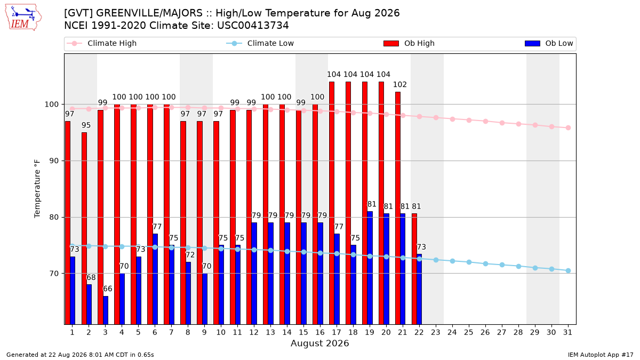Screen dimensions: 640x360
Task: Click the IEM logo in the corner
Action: [x=23, y=18]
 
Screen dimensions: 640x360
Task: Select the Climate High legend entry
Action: [x=101, y=43]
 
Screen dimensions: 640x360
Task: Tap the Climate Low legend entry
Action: [x=260, y=43]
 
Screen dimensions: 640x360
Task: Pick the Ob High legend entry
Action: [x=409, y=43]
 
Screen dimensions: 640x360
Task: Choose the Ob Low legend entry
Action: [x=549, y=43]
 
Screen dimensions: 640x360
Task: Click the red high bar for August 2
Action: [x=84, y=228]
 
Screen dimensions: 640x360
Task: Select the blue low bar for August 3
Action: [x=106, y=310]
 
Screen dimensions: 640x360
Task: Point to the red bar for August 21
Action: [x=398, y=208]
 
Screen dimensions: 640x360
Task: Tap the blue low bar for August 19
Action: [x=370, y=268]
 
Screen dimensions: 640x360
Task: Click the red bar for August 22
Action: [x=414, y=269]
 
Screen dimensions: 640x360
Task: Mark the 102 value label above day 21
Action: [x=400, y=85]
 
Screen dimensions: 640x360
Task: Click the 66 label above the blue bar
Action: [x=107, y=289]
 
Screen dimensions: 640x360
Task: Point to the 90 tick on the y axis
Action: [x=54, y=161]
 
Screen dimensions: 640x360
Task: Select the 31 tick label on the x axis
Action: [x=567, y=333]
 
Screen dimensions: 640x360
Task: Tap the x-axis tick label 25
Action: [x=469, y=333]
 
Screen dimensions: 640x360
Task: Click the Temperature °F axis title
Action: [x=37, y=189]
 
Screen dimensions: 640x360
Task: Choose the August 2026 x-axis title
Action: [x=319, y=343]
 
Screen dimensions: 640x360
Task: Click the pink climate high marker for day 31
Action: [x=569, y=127]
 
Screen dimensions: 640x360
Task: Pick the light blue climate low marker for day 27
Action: [x=502, y=265]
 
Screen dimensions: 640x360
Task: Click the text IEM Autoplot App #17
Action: [x=601, y=355]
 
